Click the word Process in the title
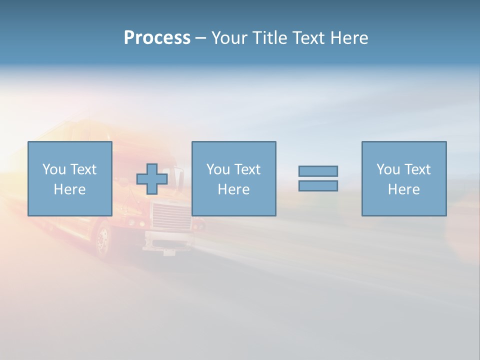pos(157,38)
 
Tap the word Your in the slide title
pos(230,38)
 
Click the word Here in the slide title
pos(349,38)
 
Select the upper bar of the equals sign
pos(318,171)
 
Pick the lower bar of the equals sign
pos(318,186)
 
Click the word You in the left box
pos(53,169)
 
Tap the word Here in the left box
pos(69,189)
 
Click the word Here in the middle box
pos(233,189)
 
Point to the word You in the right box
pos(388,169)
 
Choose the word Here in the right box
pos(403,189)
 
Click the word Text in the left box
pos(83,169)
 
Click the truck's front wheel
pos(103,241)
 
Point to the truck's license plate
pos(169,251)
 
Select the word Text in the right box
pos(417,169)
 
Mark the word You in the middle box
pos(218,169)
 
